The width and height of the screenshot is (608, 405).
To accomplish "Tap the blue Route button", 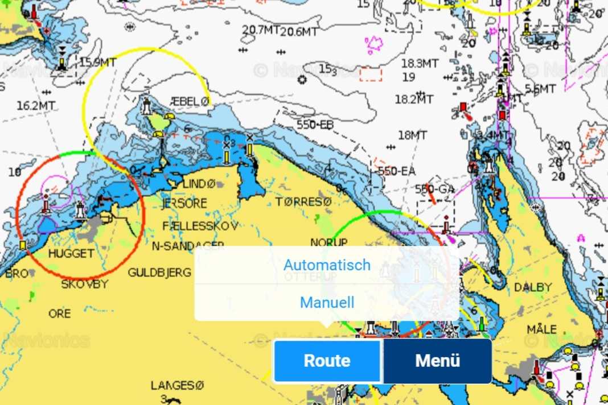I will click(x=327, y=361).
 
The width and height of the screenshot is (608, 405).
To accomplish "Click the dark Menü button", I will click(x=437, y=361).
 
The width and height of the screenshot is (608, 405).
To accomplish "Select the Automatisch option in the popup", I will click(x=327, y=265).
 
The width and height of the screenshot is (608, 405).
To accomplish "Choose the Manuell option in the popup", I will click(x=327, y=302).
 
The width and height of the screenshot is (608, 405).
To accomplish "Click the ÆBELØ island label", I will click(x=191, y=101).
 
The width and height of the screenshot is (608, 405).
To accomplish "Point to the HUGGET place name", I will click(x=71, y=254).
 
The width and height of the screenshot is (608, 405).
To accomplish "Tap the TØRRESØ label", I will click(x=303, y=202).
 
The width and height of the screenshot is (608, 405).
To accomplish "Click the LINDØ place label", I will click(x=199, y=184).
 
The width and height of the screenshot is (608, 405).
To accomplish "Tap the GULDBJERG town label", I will click(x=159, y=273).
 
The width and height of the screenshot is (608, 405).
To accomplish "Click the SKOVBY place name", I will click(x=84, y=284).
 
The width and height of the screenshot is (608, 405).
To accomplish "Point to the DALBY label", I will click(x=533, y=287).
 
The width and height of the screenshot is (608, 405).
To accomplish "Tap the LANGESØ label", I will click(x=177, y=386).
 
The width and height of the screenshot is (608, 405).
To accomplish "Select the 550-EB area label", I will click(x=315, y=125).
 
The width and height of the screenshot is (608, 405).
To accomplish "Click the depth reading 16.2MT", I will click(x=36, y=105).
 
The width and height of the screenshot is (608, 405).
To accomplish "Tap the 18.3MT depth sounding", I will click(x=420, y=63).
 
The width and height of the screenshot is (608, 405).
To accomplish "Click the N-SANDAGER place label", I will click(x=188, y=246).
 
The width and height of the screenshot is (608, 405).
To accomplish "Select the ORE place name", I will click(x=60, y=314).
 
